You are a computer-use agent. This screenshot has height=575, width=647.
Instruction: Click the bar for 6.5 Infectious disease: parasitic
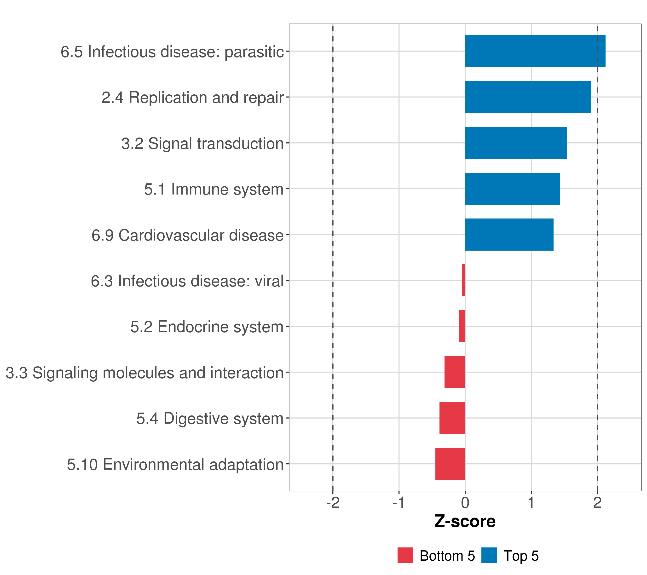pos(535,51)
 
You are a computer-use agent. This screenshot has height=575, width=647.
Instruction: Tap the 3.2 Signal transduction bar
pos(516,143)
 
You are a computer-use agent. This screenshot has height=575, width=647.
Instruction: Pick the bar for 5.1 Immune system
pos(512,189)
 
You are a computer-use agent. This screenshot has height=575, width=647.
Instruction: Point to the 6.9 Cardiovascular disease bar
pos(509,235)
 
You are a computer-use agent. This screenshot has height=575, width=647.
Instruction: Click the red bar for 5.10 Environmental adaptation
pos(450,464)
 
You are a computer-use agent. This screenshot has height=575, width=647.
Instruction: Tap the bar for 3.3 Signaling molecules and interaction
pos(455,372)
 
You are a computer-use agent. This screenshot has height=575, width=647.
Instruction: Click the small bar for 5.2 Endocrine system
pos(462,326)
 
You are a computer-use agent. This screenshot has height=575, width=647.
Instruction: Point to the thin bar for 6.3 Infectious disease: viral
pos(463,280)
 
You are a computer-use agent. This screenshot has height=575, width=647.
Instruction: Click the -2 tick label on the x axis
pos(333,503)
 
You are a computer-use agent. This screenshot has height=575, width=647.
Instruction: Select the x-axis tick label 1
pos(531,503)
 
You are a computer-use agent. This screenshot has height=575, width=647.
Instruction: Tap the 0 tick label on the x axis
pos(465,503)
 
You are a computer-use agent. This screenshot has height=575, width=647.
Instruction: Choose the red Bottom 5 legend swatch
pos(405,555)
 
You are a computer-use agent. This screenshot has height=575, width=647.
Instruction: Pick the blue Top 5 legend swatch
pos(489,555)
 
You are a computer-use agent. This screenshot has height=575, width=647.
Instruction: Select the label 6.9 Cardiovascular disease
pos(187,235)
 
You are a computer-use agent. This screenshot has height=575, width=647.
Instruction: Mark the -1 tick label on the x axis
pos(399,503)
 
